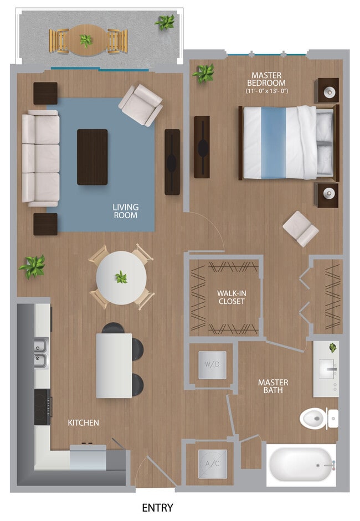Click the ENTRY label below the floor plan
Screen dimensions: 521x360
coord(157,507)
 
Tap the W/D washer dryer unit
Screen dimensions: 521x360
coord(212,365)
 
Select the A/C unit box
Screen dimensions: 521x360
coord(212,463)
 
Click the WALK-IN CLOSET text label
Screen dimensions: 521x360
coord(231,297)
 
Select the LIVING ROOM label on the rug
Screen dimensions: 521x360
coord(126,211)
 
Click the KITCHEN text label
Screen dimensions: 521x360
coord(83,422)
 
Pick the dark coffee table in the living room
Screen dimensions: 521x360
coord(92,157)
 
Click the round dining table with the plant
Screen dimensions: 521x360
coord(121,277)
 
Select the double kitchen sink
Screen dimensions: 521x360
coord(41,353)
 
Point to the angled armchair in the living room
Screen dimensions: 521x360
coord(141,105)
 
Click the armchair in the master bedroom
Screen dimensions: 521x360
coord(300,228)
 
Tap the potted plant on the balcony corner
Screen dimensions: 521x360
coord(165,23)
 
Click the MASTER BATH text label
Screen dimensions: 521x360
coord(273,386)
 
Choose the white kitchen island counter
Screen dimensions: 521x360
coord(114,365)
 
